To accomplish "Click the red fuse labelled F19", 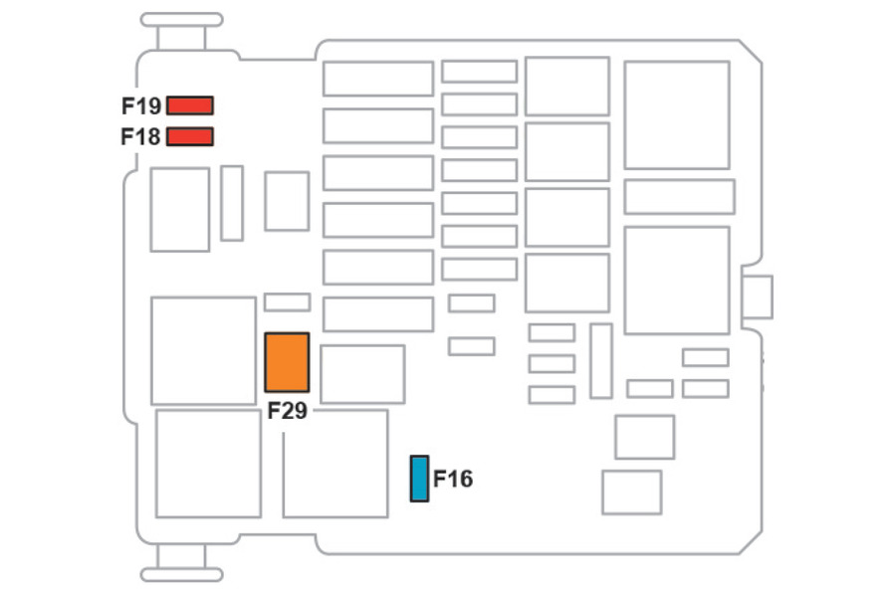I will click(190, 105).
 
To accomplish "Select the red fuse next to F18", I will click(190, 136).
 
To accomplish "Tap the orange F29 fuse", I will click(287, 362).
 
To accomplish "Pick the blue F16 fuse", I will click(419, 479).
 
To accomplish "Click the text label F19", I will click(141, 105).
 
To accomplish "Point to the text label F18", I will click(141, 136).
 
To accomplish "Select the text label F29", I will click(287, 411).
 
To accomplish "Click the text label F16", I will click(453, 480).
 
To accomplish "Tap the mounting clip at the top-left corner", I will click(181, 20).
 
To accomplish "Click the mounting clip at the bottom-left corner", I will click(181, 574).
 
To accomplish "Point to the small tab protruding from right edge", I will click(758, 298).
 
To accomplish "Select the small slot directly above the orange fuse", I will click(287, 301).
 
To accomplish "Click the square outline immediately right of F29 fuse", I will click(362, 374).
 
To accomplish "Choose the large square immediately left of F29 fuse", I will click(203, 350).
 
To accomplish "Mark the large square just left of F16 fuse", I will click(336, 464).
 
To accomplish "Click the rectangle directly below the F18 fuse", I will click(180, 209).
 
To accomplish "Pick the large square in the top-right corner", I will click(677, 114).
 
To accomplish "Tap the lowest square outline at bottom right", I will click(631, 493).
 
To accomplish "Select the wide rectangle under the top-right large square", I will click(679, 197).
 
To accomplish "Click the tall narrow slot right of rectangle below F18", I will click(232, 203).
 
